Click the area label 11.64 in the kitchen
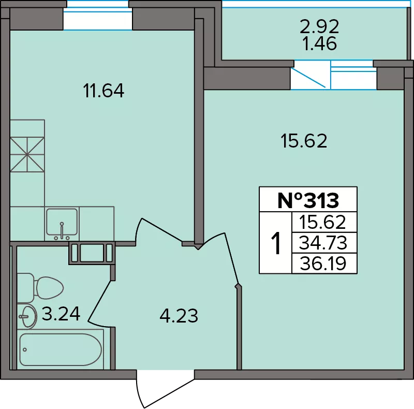(x=103, y=91)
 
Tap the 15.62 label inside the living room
(x=304, y=141)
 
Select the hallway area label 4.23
(x=179, y=316)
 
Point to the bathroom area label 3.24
(x=61, y=314)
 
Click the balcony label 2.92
(x=319, y=27)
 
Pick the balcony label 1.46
(x=320, y=43)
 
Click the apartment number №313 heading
(x=308, y=200)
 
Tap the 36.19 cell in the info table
(x=323, y=264)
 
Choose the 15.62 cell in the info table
(x=322, y=222)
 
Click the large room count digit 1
(x=276, y=243)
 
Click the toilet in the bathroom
(x=40, y=288)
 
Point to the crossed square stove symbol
(x=27, y=154)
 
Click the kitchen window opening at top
(x=98, y=19)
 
